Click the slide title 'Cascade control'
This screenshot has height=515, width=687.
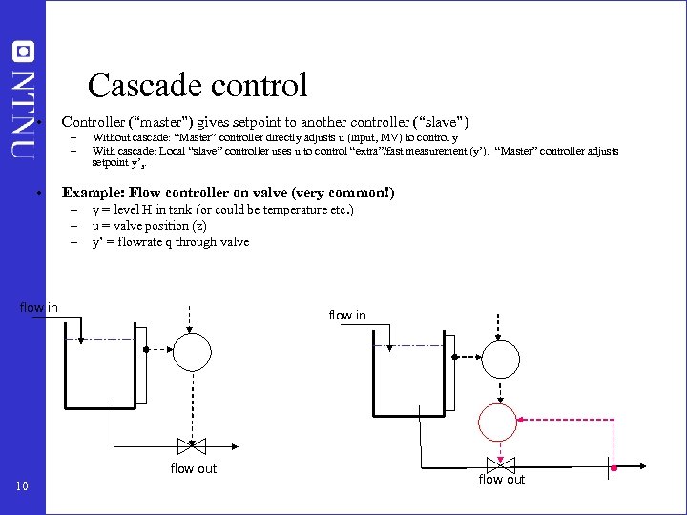[198, 86]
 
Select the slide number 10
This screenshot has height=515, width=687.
[23, 487]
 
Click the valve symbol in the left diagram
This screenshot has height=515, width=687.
[192, 445]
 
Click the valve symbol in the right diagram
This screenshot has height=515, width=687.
[500, 465]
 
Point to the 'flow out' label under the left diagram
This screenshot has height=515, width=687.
[194, 468]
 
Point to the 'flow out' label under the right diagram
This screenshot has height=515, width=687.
[501, 480]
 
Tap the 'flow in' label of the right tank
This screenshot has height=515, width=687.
[346, 315]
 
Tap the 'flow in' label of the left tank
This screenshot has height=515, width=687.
[39, 307]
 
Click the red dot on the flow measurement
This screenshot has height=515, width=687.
[615, 469]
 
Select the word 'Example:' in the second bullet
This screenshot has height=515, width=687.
[93, 193]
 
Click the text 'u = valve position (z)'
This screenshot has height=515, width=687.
[149, 226]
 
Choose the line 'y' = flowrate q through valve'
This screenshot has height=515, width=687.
[170, 242]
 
